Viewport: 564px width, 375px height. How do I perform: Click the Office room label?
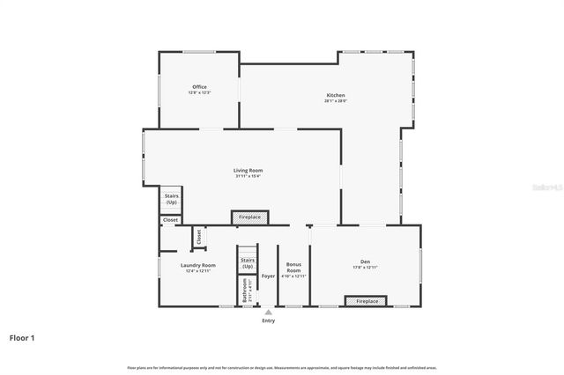point(199,86)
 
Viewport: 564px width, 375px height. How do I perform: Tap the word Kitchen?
point(336,95)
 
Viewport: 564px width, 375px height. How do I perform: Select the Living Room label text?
point(248,170)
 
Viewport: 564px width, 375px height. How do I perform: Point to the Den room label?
point(365,261)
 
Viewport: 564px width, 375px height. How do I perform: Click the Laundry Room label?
point(198,265)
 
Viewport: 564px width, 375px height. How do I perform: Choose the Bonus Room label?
point(294,268)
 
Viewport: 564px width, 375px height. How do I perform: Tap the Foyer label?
point(268,276)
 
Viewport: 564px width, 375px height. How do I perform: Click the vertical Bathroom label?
point(244,291)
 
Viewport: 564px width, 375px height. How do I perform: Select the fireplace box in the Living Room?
point(249,217)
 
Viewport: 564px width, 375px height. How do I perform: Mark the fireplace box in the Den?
point(367,301)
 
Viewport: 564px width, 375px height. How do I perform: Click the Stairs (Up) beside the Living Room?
point(170,199)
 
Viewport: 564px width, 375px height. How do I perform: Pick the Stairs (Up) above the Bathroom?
point(248,262)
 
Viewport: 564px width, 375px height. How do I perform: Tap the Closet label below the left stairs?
point(170,220)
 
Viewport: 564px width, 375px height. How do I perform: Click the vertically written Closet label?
point(199,236)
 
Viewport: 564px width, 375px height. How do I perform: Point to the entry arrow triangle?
point(269,312)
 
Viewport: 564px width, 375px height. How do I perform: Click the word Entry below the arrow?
point(269,320)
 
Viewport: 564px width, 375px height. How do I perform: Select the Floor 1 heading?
point(21,337)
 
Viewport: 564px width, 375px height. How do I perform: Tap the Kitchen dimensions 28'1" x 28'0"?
point(336,101)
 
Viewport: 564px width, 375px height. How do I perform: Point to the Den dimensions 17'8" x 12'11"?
point(365,268)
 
